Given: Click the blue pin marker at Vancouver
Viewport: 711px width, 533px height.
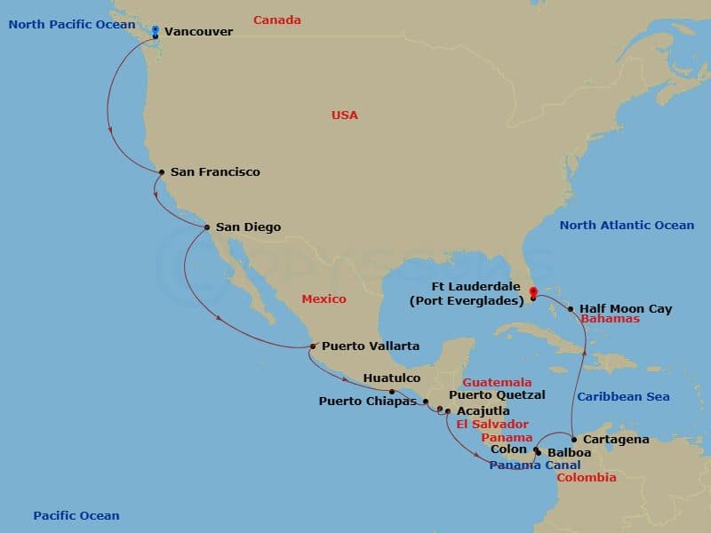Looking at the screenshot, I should pyautogui.click(x=156, y=31).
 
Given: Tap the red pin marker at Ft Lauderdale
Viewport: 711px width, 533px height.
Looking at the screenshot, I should pyautogui.click(x=532, y=290).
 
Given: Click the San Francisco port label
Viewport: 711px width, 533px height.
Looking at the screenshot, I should pyautogui.click(x=215, y=171).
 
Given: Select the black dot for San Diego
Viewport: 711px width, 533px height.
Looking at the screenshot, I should pyautogui.click(x=207, y=227).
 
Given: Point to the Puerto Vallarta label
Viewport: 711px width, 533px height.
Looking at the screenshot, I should pyautogui.click(x=371, y=346).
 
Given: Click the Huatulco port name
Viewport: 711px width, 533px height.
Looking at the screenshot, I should pyautogui.click(x=392, y=378).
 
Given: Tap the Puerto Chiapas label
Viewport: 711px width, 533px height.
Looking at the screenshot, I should pyautogui.click(x=367, y=401).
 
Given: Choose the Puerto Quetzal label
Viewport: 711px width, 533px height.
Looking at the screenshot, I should pyautogui.click(x=497, y=394).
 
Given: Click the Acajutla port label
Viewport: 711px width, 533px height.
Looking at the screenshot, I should pyautogui.click(x=483, y=411).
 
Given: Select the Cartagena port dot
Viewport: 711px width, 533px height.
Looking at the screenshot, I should pyautogui.click(x=574, y=440).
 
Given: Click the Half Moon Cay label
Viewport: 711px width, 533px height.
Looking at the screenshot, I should pyautogui.click(x=626, y=309).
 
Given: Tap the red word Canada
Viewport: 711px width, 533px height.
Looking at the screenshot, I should pyautogui.click(x=277, y=20).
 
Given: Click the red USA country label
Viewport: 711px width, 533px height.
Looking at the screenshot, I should pyautogui.click(x=345, y=115).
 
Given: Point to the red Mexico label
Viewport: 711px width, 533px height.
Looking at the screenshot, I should pyautogui.click(x=324, y=298).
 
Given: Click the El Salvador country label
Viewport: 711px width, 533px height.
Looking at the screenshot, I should pyautogui.click(x=492, y=425).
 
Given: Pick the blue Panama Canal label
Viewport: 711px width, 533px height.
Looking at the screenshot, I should pyautogui.click(x=535, y=465).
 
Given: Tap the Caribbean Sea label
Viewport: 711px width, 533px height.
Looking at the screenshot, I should pyautogui.click(x=623, y=396).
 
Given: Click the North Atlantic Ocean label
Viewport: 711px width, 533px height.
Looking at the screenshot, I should pyautogui.click(x=627, y=225).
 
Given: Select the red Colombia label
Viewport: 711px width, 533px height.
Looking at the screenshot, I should pyautogui.click(x=587, y=478).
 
